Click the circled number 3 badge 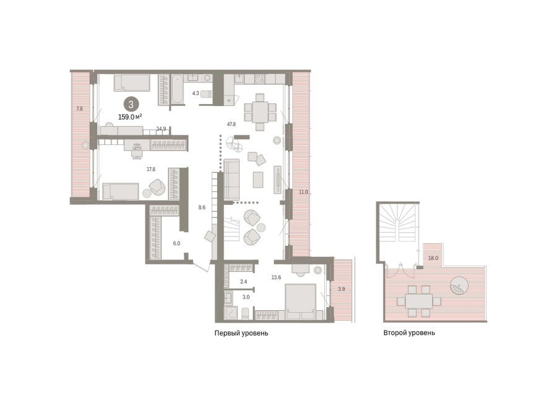131,105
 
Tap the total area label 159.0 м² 130,116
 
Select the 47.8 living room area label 231,124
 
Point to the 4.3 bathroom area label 196,93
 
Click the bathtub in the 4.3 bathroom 177,89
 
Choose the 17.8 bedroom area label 151,169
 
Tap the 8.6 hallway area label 202,207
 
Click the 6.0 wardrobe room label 176,243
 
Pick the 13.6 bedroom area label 276,277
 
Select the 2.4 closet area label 243,282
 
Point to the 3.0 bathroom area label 246,297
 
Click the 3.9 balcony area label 341,289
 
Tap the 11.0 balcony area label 303,192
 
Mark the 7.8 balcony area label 80,109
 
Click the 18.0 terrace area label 433,258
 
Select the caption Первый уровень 241,333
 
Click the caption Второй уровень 409,333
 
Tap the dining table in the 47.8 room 260,111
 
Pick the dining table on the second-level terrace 419,302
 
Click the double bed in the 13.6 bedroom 301,302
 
